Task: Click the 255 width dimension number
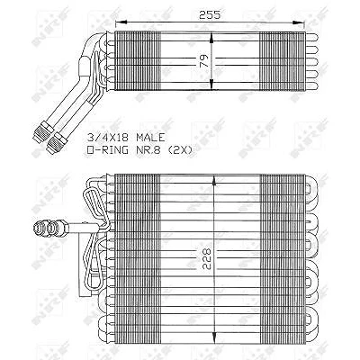coord(210,14)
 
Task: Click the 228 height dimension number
coord(206,258)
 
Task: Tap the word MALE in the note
coord(150,138)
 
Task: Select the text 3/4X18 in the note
coord(108,138)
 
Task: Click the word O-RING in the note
coord(107,149)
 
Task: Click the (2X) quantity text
coord(180,149)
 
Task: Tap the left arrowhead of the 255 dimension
coord(121,22)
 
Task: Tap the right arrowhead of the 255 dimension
coord(299,22)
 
